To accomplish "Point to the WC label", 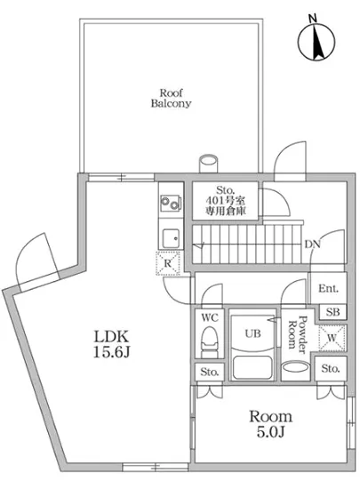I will point(211,317).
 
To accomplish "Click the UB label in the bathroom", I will point(252,334).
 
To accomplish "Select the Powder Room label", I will point(301,335).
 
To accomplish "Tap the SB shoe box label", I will point(331,311).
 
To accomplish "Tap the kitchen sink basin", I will point(169,236).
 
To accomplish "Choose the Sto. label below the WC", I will point(209,372).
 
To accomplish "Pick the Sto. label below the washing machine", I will point(329,368).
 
